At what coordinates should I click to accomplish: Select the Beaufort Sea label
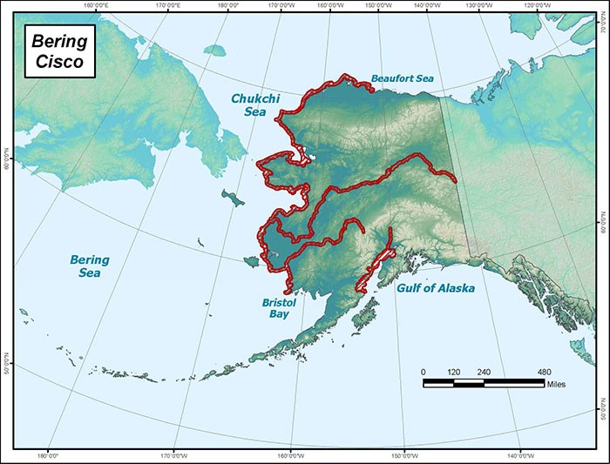pyautogui.click(x=402, y=78)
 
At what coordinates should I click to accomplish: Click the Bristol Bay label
pyautogui.click(x=280, y=308)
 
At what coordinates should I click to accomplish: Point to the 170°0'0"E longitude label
pyautogui.click(x=167, y=6)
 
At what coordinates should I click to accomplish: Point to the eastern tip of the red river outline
pyautogui.click(x=454, y=179)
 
